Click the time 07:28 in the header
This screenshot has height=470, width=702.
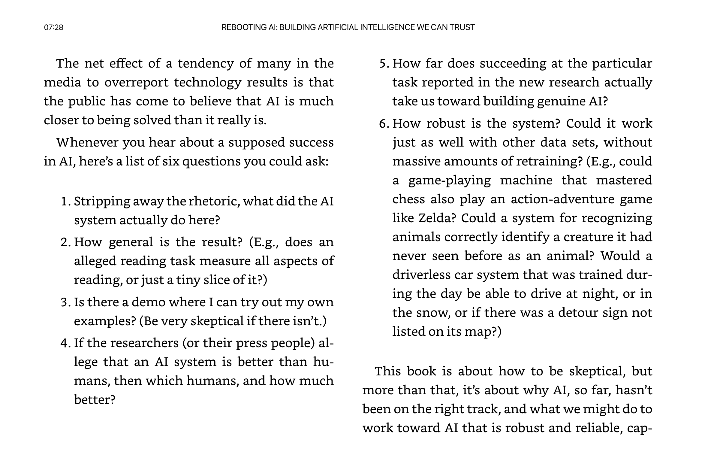53,28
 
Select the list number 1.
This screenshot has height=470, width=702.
65,201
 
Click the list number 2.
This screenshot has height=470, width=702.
65,242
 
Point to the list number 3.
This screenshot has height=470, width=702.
65,302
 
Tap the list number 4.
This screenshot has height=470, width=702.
65,343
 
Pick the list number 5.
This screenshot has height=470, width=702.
383,64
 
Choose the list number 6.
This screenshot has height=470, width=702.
383,123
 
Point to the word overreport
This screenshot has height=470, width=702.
137,83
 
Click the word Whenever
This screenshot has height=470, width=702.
87,142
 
